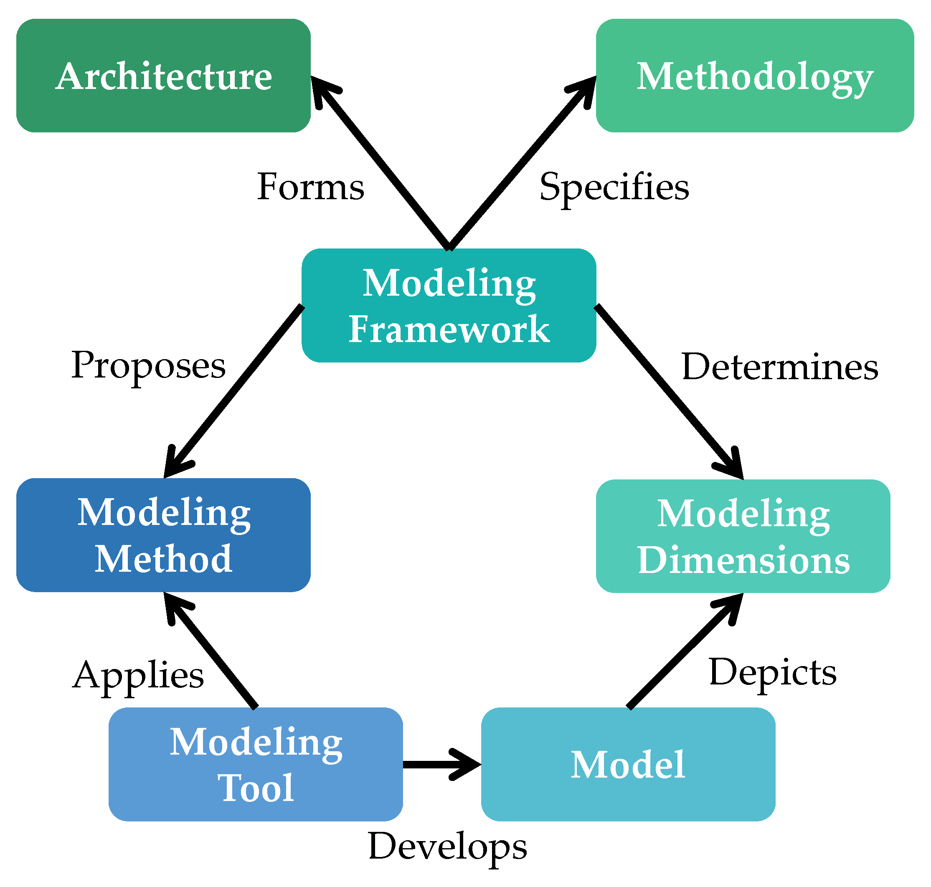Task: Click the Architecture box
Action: click(163, 76)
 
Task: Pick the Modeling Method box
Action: click(163, 535)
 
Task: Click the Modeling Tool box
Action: click(255, 765)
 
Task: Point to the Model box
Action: click(627, 765)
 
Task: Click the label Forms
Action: click(310, 187)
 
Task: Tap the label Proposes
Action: click(148, 365)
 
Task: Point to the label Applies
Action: click(138, 675)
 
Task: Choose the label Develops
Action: click(447, 846)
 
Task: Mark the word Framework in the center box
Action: click(448, 329)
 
